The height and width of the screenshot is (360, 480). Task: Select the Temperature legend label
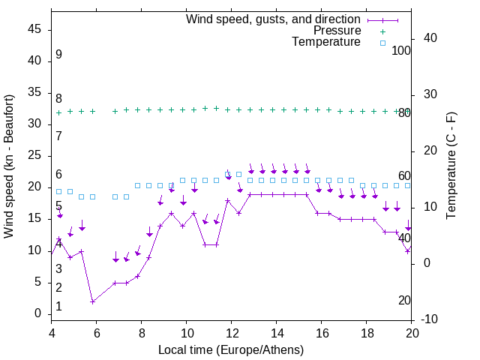(x=326, y=43)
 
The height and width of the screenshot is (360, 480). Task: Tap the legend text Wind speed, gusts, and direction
(x=274, y=19)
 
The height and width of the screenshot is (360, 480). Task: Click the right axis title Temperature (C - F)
(x=451, y=166)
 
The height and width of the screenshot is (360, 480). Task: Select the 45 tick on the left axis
(x=35, y=28)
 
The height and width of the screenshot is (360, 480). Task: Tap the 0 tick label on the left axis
(x=39, y=313)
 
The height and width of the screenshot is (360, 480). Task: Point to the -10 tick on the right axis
(x=424, y=319)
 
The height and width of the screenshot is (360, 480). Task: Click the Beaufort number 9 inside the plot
(x=58, y=55)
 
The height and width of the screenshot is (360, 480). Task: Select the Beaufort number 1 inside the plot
(x=58, y=307)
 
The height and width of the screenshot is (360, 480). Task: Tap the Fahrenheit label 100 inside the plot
(x=401, y=50)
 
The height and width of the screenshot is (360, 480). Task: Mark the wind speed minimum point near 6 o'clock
(x=92, y=301)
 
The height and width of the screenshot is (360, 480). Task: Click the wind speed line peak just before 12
(x=227, y=200)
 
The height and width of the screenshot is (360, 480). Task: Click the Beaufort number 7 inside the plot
(x=58, y=136)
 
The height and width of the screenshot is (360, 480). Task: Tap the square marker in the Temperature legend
(x=382, y=43)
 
